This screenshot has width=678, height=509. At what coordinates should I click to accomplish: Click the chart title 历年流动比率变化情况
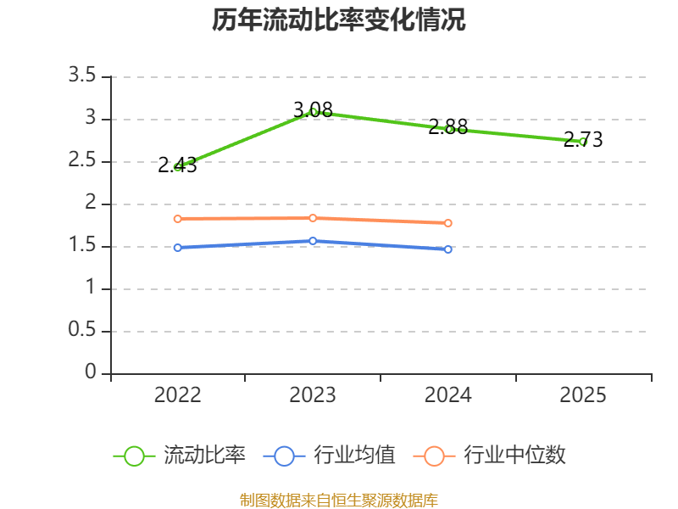tap(339, 20)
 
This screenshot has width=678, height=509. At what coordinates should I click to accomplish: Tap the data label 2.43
tap(177, 165)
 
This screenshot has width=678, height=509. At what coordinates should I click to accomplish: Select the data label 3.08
tap(313, 109)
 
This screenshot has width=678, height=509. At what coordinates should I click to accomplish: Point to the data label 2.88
tap(448, 127)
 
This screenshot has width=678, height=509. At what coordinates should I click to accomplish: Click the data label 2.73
tap(583, 140)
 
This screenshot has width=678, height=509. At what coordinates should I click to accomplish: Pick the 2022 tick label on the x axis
tap(177, 395)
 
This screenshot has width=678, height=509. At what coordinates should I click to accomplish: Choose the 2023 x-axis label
tap(313, 395)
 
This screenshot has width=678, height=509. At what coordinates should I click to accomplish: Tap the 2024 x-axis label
tap(448, 395)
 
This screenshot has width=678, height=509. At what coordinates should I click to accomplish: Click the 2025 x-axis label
tap(583, 395)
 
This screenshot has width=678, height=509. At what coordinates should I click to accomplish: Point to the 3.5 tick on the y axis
tap(83, 76)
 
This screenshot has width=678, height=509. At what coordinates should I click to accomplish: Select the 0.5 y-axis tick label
tap(83, 331)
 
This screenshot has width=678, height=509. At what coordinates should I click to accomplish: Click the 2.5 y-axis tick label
tap(83, 161)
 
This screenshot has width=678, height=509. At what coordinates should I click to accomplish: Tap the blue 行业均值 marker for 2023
tap(313, 241)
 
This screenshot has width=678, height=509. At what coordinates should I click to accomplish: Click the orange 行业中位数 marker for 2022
tap(177, 219)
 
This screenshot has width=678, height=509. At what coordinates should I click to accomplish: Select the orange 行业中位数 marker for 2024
tap(448, 223)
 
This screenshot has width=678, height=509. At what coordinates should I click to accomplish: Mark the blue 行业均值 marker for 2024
tap(448, 249)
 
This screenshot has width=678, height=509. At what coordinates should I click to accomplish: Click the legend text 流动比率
tap(204, 456)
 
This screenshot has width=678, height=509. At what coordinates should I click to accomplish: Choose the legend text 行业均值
tap(354, 456)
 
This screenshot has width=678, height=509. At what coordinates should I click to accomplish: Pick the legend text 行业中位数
tap(514, 456)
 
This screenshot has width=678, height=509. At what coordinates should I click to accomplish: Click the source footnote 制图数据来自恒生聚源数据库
tap(339, 500)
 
